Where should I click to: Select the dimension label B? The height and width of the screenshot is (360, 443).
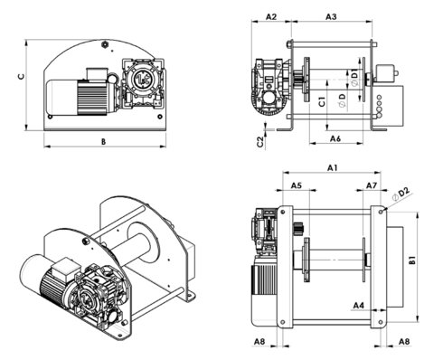[103, 141]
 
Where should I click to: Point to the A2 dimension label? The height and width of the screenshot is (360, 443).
[269, 17]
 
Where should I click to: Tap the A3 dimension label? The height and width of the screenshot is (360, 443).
[330, 17]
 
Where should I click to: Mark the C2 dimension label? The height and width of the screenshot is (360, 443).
[259, 141]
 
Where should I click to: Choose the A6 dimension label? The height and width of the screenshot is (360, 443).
[334, 138]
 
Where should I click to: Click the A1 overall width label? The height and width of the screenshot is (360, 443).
[331, 168]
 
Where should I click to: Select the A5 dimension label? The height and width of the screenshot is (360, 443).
[296, 185]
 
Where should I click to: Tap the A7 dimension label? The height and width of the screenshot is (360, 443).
[371, 185]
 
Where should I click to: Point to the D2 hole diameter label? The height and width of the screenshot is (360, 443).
[404, 193]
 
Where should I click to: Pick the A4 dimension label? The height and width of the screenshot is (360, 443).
[359, 306]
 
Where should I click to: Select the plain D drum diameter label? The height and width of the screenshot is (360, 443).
[341, 95]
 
